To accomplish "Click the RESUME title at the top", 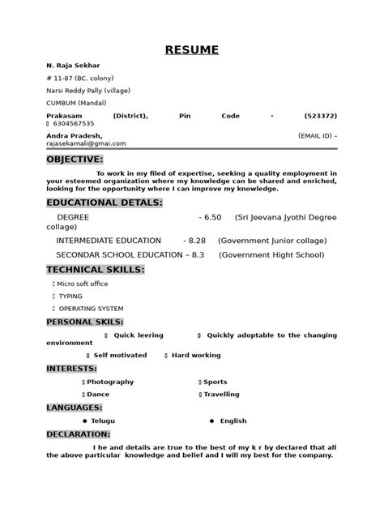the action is tap(192, 50).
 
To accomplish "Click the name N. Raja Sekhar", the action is tap(74, 66).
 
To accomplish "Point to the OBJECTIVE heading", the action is tap(75, 160).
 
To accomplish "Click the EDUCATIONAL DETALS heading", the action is tap(105, 202).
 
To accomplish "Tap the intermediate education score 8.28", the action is tap(195, 241).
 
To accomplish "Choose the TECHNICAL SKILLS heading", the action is tap(96, 269).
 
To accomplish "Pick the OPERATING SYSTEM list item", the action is tap(91, 309).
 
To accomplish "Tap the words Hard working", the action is tap(195, 356).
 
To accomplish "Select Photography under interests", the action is tap(111, 382).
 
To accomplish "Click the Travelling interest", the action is tap(221, 395).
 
